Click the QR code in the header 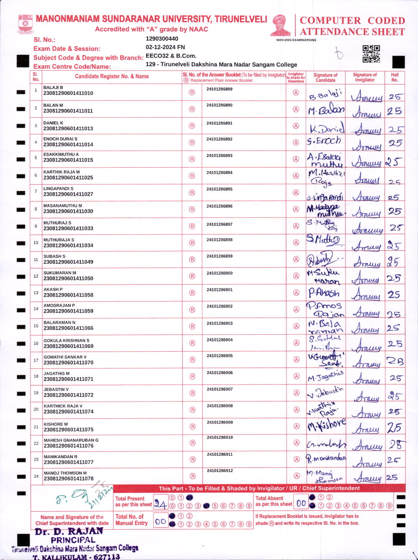[371, 54]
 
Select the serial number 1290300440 [162, 39]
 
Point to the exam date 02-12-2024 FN [165, 47]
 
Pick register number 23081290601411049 [68, 262]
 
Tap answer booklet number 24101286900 [220, 273]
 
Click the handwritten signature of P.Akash [324, 293]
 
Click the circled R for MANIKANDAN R [192, 460]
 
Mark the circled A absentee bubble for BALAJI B [296, 93]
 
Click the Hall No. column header [395, 77]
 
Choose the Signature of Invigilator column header [365, 77]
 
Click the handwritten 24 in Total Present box [160, 504]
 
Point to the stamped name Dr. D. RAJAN [69, 531]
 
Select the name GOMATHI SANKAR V [65, 357]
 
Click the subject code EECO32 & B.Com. [171, 56]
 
